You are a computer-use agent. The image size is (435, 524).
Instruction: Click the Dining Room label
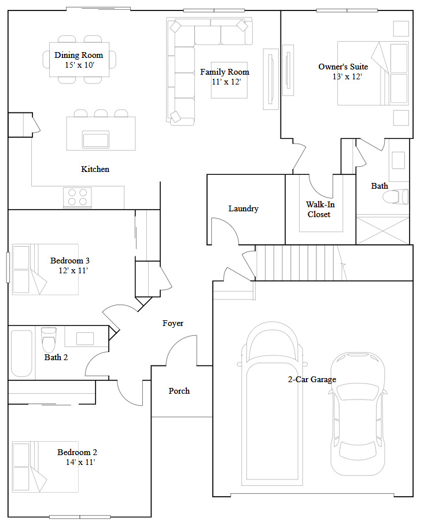click(x=79, y=55)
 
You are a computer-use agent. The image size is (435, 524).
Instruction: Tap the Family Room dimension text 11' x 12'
click(x=226, y=82)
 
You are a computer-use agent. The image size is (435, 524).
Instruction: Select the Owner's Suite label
click(x=343, y=67)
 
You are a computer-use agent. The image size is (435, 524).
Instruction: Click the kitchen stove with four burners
click(x=78, y=197)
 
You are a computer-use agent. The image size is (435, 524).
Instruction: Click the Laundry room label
click(x=243, y=208)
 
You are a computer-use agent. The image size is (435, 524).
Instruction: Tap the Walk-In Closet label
click(x=320, y=209)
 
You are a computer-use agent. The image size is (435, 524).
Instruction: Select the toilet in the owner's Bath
click(x=396, y=197)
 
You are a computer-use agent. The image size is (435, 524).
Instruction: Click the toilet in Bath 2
click(x=49, y=339)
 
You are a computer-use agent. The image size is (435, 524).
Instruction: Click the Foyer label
click(x=173, y=323)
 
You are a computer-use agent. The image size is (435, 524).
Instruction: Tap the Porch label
click(x=179, y=391)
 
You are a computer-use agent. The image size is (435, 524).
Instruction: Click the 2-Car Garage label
click(x=312, y=380)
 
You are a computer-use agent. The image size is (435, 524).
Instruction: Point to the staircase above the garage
click(x=296, y=262)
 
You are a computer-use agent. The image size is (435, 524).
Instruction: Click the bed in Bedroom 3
click(x=37, y=269)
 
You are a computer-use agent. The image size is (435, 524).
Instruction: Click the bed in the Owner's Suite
click(x=373, y=73)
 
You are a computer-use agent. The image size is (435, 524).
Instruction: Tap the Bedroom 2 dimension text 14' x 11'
click(x=80, y=462)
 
